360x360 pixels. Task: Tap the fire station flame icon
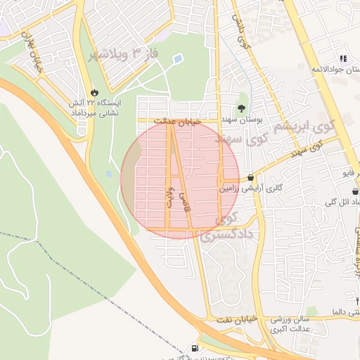click(x=95, y=92)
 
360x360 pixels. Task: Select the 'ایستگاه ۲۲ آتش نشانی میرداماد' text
click(x=96, y=108)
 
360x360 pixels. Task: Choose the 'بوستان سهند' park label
click(x=240, y=121)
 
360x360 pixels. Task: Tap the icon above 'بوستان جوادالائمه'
click(x=343, y=59)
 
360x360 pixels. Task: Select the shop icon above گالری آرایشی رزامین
click(x=251, y=178)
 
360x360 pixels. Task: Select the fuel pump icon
click(x=194, y=347)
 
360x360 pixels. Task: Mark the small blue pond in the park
click(x=176, y=58)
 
